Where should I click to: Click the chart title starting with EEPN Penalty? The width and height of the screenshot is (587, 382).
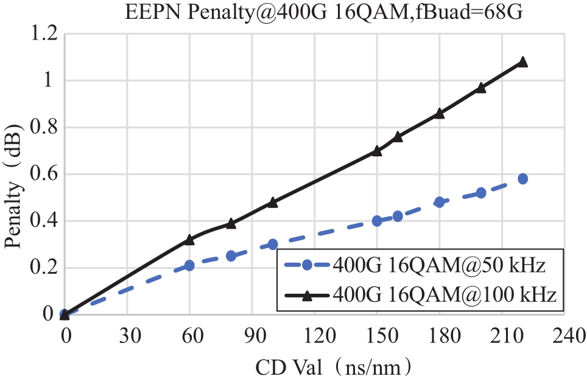[324, 12]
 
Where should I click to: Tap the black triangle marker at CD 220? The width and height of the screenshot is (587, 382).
[522, 62]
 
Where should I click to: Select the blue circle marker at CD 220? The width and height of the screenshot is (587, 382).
[522, 179]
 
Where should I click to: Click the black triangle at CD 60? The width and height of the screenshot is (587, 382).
[189, 240]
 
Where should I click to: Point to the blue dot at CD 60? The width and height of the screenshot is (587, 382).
[189, 265]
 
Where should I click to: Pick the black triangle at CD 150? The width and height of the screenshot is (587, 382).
[377, 151]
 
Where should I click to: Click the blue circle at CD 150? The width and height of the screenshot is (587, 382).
[377, 221]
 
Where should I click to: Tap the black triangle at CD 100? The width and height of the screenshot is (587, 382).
[273, 202]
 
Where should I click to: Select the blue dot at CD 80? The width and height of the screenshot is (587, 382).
[231, 256]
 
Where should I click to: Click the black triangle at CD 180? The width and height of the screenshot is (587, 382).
[440, 113]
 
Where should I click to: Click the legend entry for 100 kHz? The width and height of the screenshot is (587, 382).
[420, 296]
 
